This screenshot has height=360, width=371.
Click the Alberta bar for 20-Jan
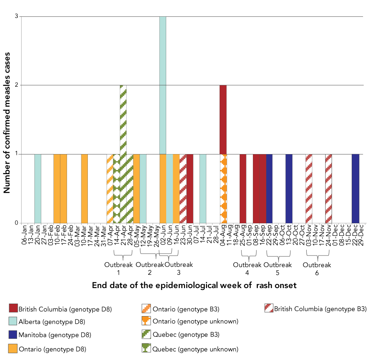[38, 189]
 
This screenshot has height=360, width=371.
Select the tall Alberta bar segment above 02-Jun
[162, 85]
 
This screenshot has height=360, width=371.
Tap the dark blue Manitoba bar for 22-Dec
[355, 189]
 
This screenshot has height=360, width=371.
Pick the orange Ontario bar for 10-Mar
[84, 189]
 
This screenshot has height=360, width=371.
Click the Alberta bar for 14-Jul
[203, 189]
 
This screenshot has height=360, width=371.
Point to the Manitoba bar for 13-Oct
[289, 189]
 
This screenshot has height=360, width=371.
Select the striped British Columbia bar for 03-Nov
[309, 189]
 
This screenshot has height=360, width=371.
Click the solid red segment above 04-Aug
[223, 120]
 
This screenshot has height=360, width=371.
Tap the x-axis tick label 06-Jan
[25, 235]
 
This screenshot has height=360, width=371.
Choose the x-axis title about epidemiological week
[194, 285]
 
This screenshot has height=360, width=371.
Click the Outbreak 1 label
[118, 268]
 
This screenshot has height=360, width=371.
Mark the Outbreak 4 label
[247, 268]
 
